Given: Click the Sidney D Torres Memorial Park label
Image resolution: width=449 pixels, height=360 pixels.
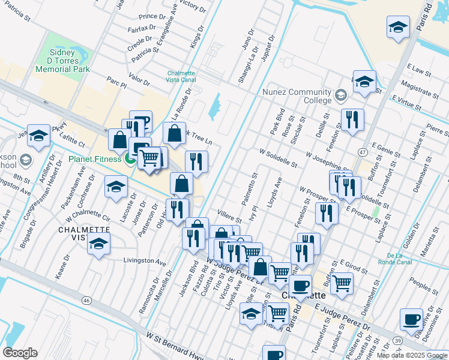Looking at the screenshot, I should pos(62,61).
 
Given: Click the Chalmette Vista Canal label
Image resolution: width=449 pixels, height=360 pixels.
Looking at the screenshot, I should pos(186,77).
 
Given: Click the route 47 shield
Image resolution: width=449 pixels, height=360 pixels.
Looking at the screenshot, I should pos(363,152).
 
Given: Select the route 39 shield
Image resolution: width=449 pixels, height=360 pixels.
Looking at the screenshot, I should pos(397,341).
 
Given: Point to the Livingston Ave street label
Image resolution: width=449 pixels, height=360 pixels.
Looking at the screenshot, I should pos(144,262).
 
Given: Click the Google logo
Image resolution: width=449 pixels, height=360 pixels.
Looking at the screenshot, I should pos(20,353).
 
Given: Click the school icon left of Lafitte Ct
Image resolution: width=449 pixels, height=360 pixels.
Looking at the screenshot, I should pos(38,136).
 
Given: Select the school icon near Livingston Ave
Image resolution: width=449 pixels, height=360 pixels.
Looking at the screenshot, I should pos(99,243).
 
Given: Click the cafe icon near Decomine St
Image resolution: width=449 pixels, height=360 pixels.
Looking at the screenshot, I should pos(411,320).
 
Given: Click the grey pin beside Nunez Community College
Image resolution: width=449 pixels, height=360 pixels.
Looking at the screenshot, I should pos(341,95).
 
